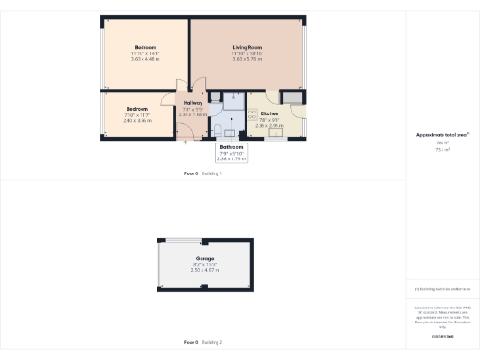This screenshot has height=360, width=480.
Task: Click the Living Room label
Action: [x=247, y=47]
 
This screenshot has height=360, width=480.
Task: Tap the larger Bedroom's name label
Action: [x=144, y=47]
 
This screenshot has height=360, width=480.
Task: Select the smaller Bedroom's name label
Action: [x=138, y=109]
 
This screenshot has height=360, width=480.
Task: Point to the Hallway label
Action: [x=193, y=103]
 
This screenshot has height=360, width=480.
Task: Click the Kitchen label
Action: [x=270, y=113]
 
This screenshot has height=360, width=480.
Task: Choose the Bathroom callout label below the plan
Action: [x=232, y=148]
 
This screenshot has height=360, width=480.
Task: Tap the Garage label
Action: [x=204, y=258]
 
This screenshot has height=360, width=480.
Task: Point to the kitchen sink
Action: [x=277, y=131]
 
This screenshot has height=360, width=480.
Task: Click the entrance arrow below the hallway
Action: [x=186, y=142]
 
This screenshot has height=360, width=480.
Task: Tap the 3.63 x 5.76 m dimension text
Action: [x=247, y=60]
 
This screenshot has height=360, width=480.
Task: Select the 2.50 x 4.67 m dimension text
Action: [x=204, y=270]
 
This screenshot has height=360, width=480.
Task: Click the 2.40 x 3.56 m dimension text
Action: [x=138, y=120]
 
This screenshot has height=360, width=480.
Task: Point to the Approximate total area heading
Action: [x=441, y=135]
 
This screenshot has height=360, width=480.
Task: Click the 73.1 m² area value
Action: [x=441, y=150]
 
